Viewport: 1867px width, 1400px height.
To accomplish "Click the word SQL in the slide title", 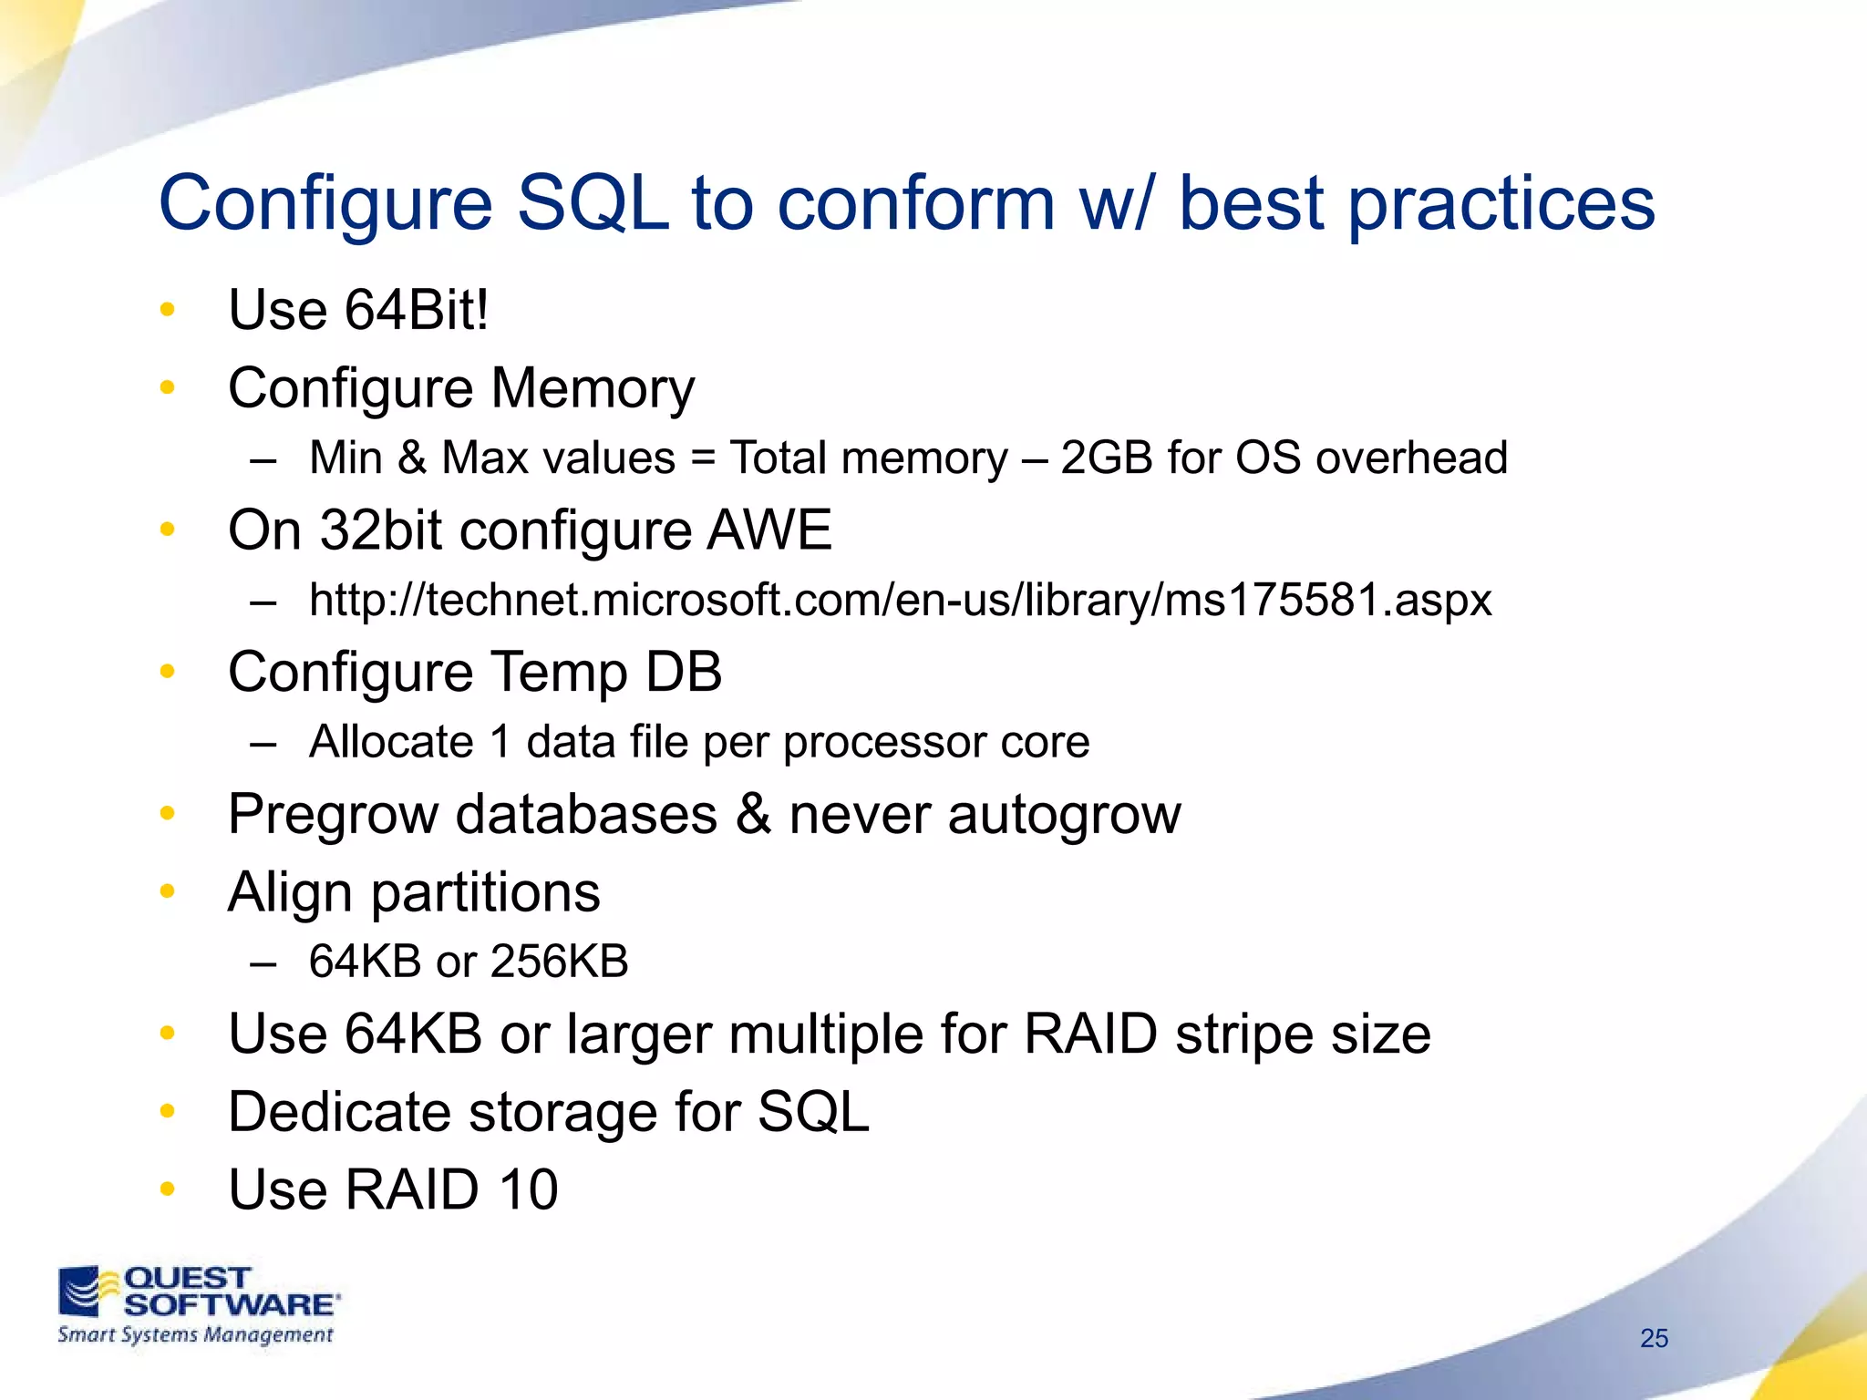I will pyautogui.click(x=593, y=204).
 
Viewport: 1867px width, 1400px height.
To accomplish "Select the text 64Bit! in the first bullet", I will pyautogui.click(x=417, y=310).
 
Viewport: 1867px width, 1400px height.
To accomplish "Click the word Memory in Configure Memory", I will pyautogui.click(x=593, y=388).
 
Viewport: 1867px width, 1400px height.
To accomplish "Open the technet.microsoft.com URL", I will pyautogui.click(x=900, y=601).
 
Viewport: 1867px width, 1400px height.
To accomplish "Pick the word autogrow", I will pyautogui.click(x=1064, y=814).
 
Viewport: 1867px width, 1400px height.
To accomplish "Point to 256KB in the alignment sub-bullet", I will pyautogui.click(x=559, y=962).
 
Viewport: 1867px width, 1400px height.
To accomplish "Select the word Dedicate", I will pyautogui.click(x=338, y=1112).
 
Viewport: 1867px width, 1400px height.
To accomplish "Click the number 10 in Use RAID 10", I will pyautogui.click(x=528, y=1189).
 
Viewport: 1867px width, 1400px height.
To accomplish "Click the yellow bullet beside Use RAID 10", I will pyautogui.click(x=167, y=1189).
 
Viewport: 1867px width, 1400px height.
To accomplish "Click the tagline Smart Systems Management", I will pyautogui.click(x=195, y=1335).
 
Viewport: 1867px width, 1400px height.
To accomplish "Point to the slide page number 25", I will pyautogui.click(x=1654, y=1338).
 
